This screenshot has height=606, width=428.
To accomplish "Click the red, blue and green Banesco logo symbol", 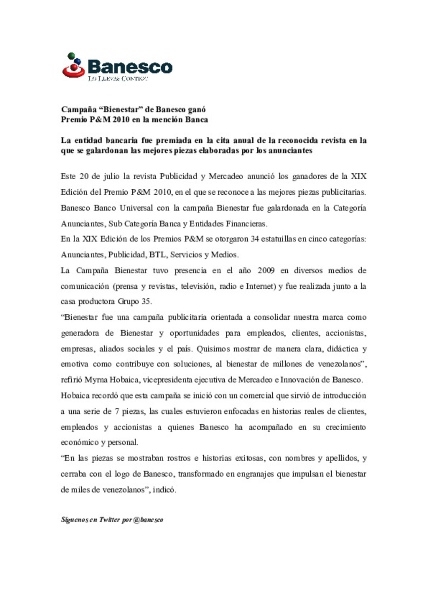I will tap(74, 65).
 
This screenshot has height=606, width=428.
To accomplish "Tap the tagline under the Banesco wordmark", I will tap(118, 79).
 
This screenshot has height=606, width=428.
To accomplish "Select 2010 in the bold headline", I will tap(121, 120).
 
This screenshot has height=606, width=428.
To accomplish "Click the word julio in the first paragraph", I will tap(111, 176).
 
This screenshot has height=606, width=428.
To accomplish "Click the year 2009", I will tap(266, 270).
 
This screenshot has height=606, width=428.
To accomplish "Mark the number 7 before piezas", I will tap(117, 411).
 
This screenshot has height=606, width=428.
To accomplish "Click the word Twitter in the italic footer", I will tap(109, 520).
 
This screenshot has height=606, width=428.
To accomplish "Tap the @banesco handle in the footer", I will tap(148, 520).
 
